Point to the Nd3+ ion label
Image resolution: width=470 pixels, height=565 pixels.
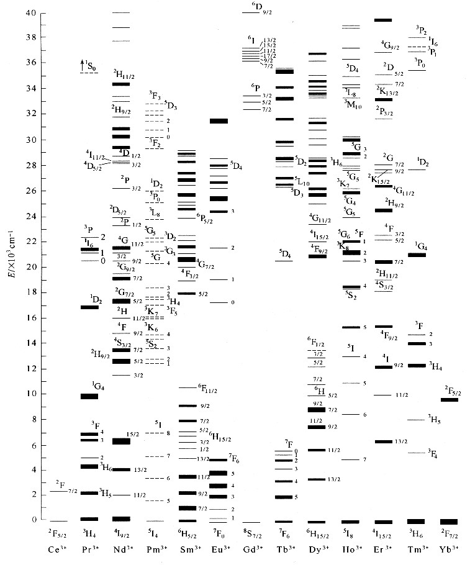tap(121, 549)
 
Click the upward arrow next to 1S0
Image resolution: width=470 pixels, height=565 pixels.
tap(82, 64)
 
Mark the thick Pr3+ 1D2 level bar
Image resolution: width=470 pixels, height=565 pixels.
tap(89, 307)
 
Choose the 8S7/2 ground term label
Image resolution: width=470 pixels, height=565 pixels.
tap(250, 533)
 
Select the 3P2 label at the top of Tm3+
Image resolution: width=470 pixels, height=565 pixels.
tap(420, 30)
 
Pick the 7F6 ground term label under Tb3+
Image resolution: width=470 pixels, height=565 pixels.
tap(284, 533)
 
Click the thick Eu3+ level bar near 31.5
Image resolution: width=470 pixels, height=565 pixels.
tap(219, 121)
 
